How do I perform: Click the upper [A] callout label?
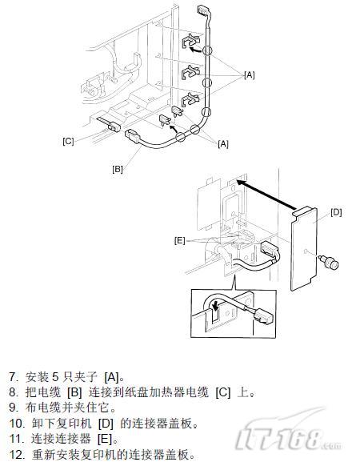(250, 75)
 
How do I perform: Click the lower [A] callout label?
(223, 144)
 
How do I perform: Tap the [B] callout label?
(118, 169)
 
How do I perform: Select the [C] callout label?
(68, 141)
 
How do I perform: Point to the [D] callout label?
(336, 212)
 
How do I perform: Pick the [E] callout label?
(179, 240)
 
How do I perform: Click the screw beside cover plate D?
(329, 263)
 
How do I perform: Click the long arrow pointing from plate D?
(266, 195)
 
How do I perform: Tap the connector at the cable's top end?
(204, 10)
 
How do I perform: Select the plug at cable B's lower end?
(133, 136)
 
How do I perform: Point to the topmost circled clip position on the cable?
(208, 50)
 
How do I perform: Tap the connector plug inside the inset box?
(262, 316)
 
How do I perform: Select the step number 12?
(16, 455)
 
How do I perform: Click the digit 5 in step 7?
(55, 377)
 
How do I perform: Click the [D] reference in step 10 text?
(106, 424)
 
